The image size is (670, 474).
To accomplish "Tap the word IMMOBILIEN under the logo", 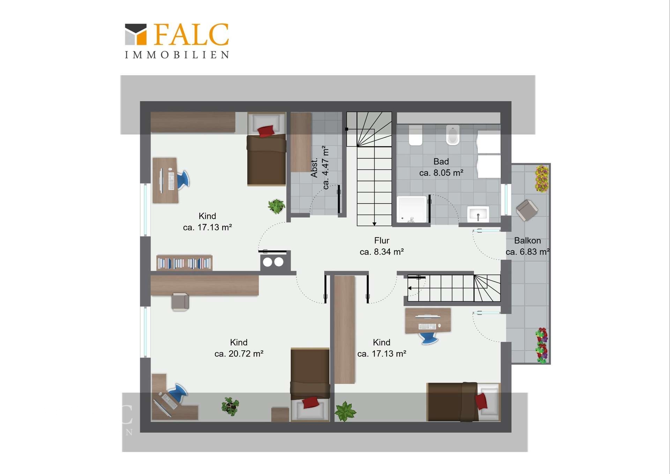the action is [x=177, y=55].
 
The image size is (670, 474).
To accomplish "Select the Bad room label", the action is [x=441, y=161].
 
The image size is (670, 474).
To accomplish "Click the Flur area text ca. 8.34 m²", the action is [x=382, y=251].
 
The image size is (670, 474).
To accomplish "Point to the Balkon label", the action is [x=527, y=240].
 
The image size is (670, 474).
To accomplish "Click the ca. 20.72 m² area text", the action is [x=239, y=353].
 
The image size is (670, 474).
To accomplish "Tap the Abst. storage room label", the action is [x=314, y=168].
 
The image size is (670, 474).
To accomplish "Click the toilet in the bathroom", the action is [x=416, y=134].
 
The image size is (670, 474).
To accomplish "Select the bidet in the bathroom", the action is [x=453, y=135].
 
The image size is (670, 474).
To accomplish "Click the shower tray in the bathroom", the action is [x=412, y=209].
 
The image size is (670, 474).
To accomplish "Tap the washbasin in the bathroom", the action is [x=478, y=214].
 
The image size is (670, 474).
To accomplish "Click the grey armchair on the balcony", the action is [x=527, y=210].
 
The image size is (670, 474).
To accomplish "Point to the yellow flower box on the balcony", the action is [x=542, y=179].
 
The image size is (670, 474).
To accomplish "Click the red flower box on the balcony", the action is [x=542, y=345].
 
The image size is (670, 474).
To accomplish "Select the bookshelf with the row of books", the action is [x=184, y=263].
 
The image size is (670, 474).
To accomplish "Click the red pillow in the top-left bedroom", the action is [x=266, y=131].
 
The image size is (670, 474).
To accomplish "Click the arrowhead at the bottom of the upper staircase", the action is [x=374, y=224].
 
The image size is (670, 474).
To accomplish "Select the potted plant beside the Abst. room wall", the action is [x=277, y=206].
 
